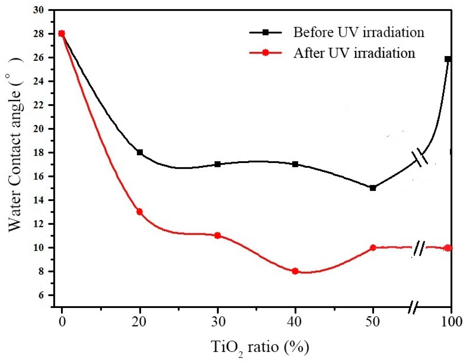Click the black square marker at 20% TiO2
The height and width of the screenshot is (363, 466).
[139, 152]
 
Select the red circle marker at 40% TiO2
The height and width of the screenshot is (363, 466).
[295, 271]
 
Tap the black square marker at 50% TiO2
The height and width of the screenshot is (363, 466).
[373, 188]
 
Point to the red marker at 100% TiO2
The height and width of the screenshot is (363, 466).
[448, 248]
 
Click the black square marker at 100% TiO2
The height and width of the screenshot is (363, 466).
[448, 59]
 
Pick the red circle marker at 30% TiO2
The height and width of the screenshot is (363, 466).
[217, 235]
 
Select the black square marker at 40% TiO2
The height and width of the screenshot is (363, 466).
[295, 164]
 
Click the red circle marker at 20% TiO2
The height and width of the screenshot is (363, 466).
[139, 212]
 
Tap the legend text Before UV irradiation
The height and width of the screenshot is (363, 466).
[358, 32]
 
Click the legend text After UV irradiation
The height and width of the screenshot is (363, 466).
[354, 53]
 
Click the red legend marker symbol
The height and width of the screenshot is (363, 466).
[266, 53]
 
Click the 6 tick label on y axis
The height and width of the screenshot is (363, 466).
[42, 295]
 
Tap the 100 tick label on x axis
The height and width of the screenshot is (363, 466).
[451, 321]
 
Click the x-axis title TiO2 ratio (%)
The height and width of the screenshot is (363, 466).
[260, 347]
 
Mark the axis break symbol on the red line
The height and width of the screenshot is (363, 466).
[419, 249]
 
